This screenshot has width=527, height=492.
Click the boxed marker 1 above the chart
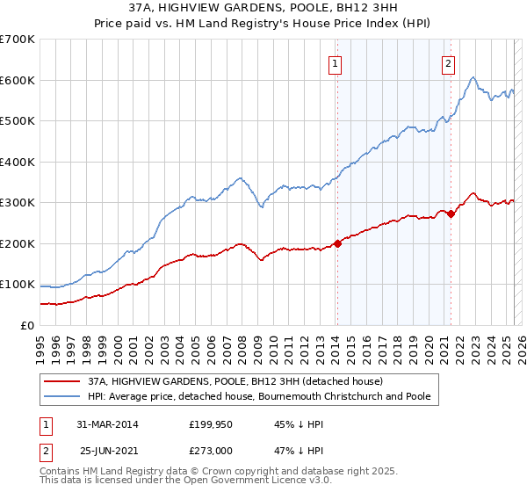pyautogui.click(x=336, y=62)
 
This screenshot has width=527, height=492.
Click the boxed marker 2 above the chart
pyautogui.click(x=449, y=62)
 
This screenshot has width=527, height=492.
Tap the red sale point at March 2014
pyautogui.click(x=337, y=243)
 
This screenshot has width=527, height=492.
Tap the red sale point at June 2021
pyautogui.click(x=451, y=213)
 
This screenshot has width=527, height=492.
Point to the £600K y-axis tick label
pyautogui.click(x=18, y=80)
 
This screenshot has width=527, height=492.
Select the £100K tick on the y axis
pyautogui.click(x=18, y=285)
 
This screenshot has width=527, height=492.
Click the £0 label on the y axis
pyautogui.click(x=27, y=325)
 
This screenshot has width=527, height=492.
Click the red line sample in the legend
pyautogui.click(x=62, y=382)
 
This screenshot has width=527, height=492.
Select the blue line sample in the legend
pyautogui.click(x=62, y=397)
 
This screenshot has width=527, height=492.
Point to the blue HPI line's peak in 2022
pyautogui.click(x=473, y=77)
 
